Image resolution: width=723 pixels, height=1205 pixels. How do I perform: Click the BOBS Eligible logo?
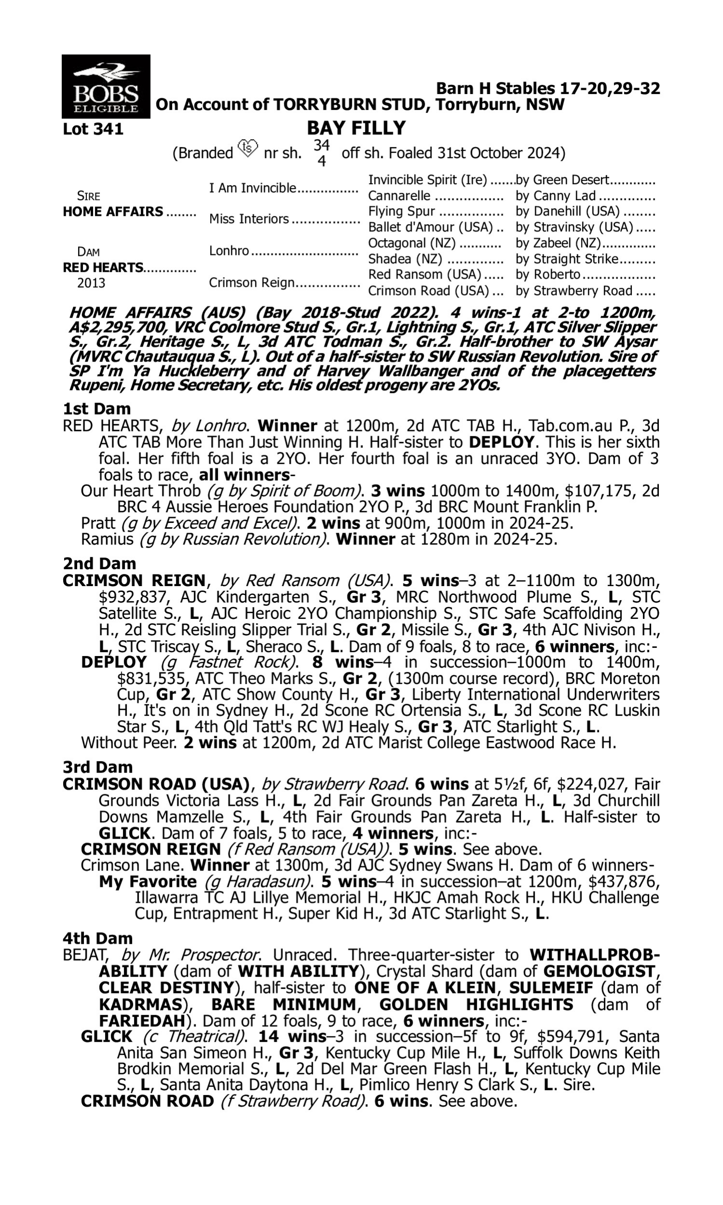coord(106,86)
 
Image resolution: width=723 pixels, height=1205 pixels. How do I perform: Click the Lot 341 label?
coord(93,130)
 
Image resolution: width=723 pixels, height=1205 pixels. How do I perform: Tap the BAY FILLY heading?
coord(356,128)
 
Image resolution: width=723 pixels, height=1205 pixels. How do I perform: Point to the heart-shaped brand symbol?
coord(247,147)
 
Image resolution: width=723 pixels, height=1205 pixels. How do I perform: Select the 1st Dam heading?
coord(96,409)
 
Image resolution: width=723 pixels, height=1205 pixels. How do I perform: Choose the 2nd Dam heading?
coord(99,563)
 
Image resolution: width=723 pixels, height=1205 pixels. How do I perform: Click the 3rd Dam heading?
coord(97,767)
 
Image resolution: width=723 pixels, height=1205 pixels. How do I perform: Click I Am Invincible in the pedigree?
coord(253,188)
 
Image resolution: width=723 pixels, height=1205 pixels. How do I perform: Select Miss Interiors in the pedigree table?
coord(249,219)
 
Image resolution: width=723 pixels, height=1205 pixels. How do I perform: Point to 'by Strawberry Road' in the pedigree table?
coord(574,291)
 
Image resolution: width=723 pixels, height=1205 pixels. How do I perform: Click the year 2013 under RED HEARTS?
coord(91,283)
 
